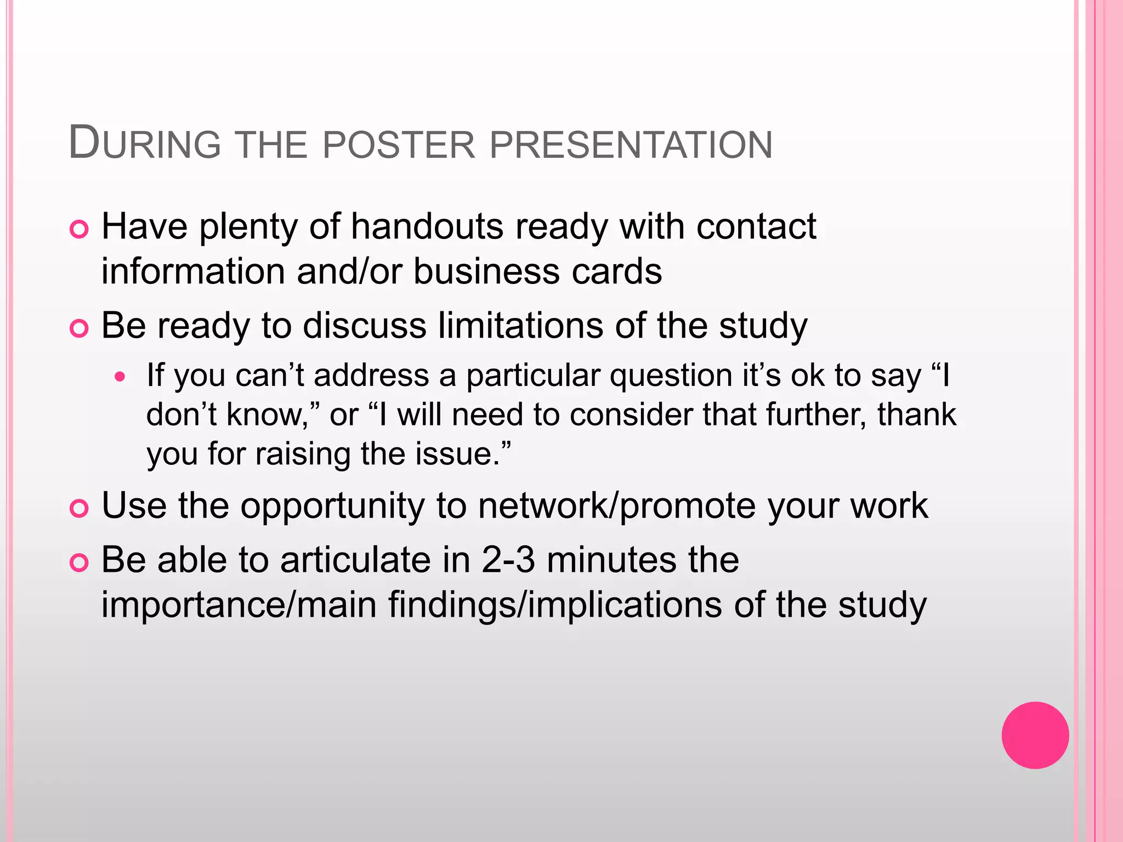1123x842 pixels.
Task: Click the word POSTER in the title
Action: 399,145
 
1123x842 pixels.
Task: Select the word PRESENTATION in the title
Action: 631,145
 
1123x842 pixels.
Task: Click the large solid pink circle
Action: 1035,735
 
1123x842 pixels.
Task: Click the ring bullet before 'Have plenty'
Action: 80,230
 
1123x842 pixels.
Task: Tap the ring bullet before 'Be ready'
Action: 80,329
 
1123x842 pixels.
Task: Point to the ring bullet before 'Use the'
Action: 80,509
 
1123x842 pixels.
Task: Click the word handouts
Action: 427,226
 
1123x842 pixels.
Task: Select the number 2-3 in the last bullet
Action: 508,560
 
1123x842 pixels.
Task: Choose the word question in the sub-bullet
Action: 671,376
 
